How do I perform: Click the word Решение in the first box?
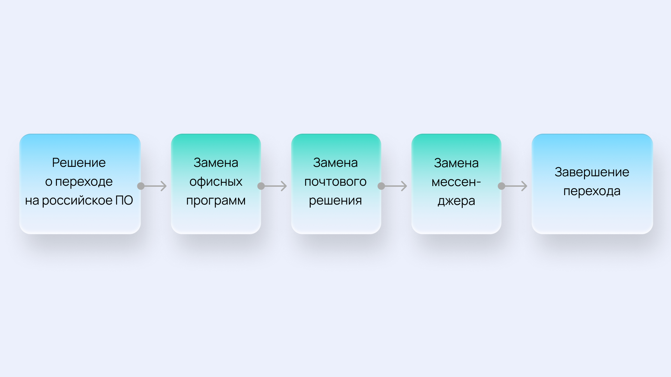[x=79, y=163]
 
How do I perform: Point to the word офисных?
[x=216, y=182]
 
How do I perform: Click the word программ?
[x=216, y=201]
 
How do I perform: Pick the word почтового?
[x=335, y=182]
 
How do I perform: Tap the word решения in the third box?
[x=335, y=201]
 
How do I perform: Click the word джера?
[x=456, y=201]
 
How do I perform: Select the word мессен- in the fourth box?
[x=456, y=182]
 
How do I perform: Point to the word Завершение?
[x=592, y=172]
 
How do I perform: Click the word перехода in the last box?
[x=592, y=191]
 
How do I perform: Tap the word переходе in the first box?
[x=84, y=182]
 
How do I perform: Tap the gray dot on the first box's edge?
[x=141, y=186]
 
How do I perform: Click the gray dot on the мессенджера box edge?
[x=502, y=186]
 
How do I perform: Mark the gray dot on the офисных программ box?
[x=261, y=186]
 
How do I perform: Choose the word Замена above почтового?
[x=335, y=163]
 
